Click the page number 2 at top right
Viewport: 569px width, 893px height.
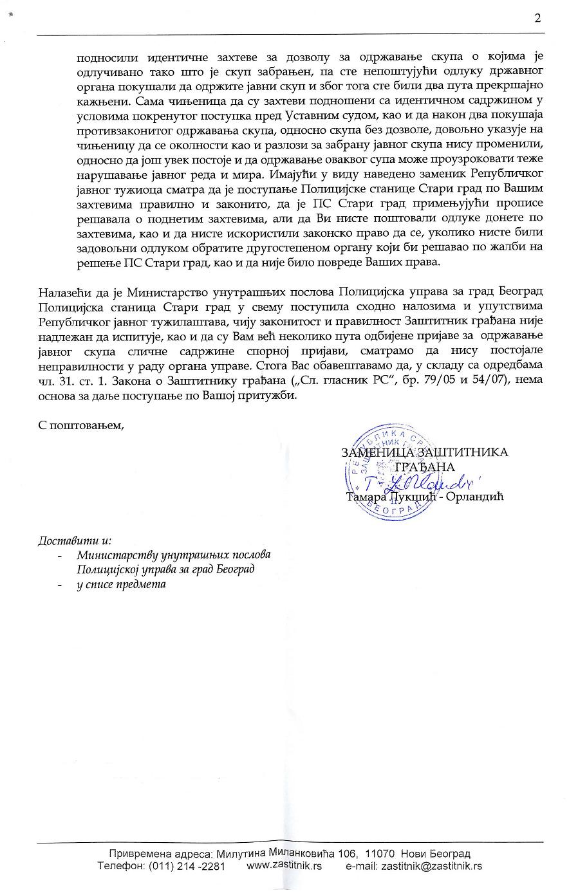coord(537,18)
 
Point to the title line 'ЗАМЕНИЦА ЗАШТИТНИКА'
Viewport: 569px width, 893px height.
coord(424,452)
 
